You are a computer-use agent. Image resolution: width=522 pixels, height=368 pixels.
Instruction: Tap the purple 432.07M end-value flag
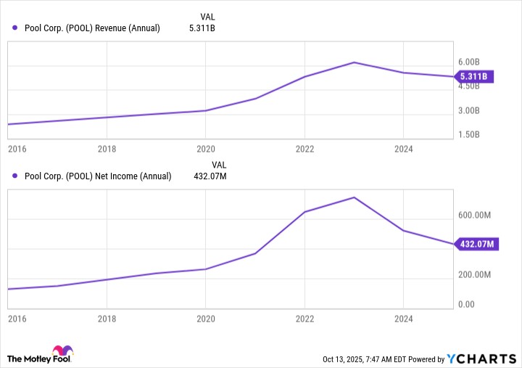point(476,245)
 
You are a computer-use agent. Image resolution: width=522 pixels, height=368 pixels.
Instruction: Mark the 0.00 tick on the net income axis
point(466,304)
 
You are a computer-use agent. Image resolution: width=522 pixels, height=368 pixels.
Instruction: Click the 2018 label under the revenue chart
point(107,149)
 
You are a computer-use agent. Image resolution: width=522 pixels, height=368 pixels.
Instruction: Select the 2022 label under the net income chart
point(304,319)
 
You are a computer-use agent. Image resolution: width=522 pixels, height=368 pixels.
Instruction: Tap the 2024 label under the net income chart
point(403,319)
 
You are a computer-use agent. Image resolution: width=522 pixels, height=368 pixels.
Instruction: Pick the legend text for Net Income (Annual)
point(98,176)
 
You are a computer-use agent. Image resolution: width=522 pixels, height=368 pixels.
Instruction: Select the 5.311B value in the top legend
point(203,28)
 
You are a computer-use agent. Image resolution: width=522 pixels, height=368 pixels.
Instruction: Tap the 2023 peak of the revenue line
point(354,62)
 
